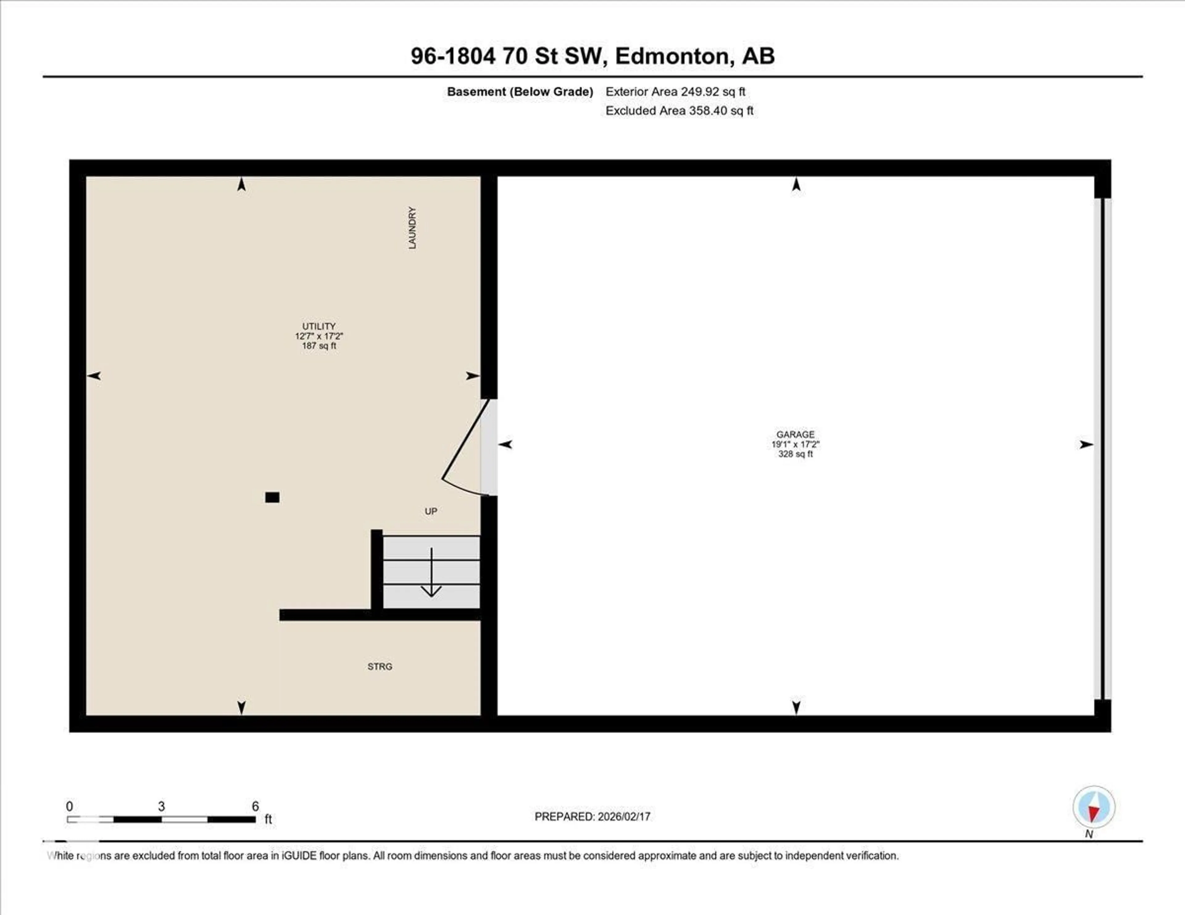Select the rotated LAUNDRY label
pos(412,228)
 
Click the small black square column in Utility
pos(272,497)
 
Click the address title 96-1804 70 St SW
pos(592,56)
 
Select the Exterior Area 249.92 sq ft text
pos(676,92)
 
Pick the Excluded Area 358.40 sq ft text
pos(679,111)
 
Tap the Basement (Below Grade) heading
pos(520,92)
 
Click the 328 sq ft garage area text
pos(796,454)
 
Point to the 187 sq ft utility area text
pos(319,346)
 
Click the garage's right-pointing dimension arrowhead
pos(1086,445)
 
